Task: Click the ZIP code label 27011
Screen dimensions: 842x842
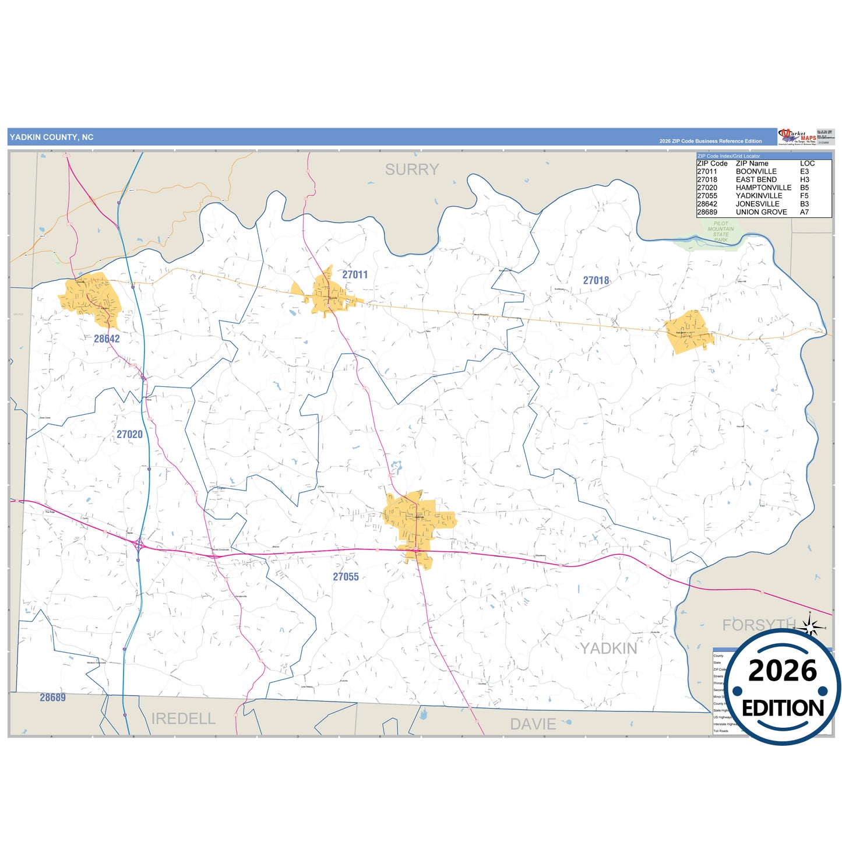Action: point(355,274)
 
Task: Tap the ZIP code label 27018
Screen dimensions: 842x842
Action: point(596,280)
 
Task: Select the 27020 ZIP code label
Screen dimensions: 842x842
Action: point(129,434)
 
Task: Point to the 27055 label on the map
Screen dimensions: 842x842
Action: point(346,576)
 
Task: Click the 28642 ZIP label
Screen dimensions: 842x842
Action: point(107,339)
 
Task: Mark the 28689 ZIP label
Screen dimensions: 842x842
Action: point(52,697)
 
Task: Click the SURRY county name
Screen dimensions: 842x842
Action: point(412,170)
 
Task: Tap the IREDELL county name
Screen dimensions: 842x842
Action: point(184,718)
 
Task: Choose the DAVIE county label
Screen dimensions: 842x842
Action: point(533,724)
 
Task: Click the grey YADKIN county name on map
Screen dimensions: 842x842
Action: point(608,648)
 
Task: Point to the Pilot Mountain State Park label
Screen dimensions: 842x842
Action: point(721,232)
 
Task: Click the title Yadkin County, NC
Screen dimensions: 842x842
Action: point(51,138)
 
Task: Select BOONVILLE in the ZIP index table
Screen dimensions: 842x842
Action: point(756,171)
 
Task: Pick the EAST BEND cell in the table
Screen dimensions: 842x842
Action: point(756,179)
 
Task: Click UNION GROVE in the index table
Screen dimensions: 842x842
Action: point(761,212)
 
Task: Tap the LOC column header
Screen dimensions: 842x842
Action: point(807,163)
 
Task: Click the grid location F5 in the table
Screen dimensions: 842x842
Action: point(804,196)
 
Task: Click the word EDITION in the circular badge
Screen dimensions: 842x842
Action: point(783,708)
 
